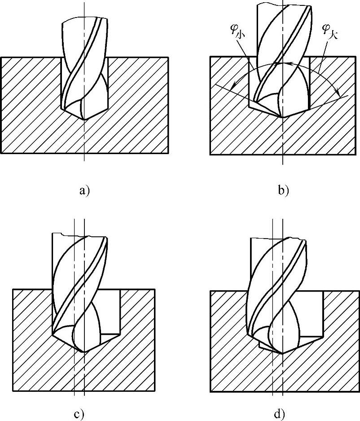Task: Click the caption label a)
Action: tap(84, 191)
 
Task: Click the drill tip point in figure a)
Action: tap(84, 119)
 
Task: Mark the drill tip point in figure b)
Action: tap(282, 117)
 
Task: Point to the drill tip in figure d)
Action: tap(282, 352)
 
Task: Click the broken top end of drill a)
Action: tap(85, 19)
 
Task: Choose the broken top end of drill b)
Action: tap(283, 4)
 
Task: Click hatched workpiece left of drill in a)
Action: tap(31, 103)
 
